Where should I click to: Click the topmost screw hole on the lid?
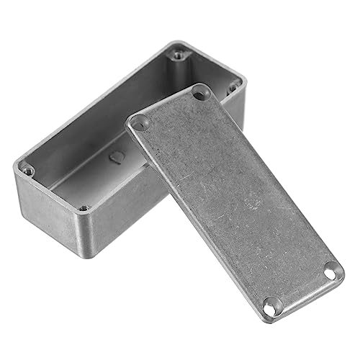coord(201,93)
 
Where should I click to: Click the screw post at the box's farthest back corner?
coord(177,53)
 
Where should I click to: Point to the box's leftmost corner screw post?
coord(27,171)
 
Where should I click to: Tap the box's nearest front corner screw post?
coord(84,208)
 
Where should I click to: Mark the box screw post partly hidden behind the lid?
coord(233,87)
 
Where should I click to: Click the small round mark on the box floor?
coord(115,158)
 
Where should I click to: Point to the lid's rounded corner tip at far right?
coord(343,271)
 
